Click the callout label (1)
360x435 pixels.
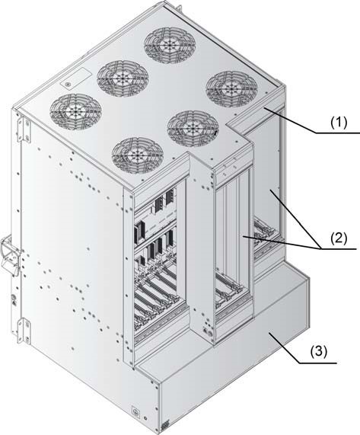339,123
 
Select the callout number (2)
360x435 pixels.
339,238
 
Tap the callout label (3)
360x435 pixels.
319,352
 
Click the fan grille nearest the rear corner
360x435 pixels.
170,44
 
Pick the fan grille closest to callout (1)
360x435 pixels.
231,88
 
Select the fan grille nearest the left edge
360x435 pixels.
75,110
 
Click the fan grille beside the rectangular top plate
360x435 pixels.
123,78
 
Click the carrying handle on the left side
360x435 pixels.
11,256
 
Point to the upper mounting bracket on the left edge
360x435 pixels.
24,130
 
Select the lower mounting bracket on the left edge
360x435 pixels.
24,331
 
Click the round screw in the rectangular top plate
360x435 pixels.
67,84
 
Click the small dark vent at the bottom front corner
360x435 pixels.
165,424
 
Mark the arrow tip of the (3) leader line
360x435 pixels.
270,334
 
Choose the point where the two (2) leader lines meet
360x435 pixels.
320,248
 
